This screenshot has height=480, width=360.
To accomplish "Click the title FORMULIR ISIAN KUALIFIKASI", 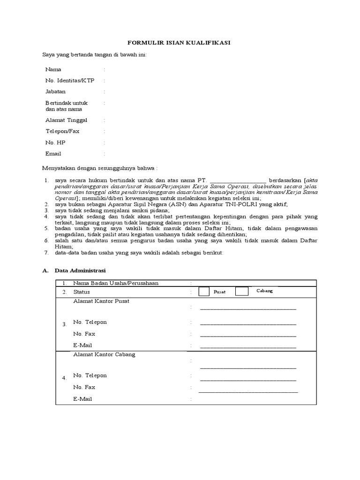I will [x=180, y=43].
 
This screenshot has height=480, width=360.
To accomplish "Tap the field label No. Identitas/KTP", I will [x=69, y=81].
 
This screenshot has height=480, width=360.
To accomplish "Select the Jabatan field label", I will [x=55, y=92].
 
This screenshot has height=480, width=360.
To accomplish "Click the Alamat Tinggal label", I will [x=66, y=120].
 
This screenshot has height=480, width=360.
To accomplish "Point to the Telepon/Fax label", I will [x=62, y=132].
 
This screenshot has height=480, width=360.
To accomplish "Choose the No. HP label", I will [x=55, y=142].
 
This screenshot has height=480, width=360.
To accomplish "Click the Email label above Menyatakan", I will [x=53, y=154].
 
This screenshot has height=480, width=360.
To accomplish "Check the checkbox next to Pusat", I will [x=204, y=292].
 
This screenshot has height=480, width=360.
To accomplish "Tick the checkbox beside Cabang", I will [x=241, y=292].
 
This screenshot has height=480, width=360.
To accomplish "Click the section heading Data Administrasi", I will [x=80, y=271].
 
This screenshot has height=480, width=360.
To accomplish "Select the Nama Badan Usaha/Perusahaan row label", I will [x=116, y=283].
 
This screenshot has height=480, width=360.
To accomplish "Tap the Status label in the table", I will [x=81, y=292].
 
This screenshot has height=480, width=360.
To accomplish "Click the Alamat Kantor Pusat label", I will [x=101, y=301].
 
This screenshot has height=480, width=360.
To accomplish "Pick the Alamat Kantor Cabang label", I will [x=104, y=354].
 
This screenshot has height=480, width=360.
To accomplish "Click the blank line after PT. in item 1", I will [x=238, y=180].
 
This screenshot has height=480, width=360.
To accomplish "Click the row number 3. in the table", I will [x=65, y=324].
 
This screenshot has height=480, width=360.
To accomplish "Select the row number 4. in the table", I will [x=65, y=378].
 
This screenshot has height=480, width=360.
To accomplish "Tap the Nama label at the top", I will [x=53, y=69].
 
